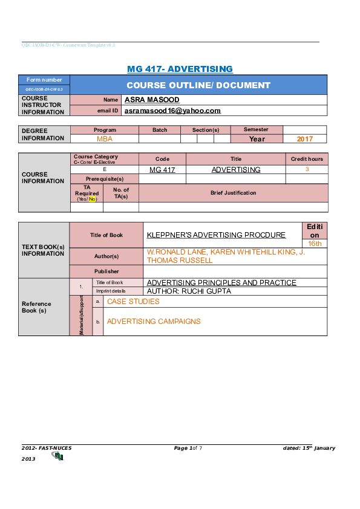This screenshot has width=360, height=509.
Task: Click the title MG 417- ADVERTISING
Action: pos(180,69)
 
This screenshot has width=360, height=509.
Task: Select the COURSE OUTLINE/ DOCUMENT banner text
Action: pos(198,85)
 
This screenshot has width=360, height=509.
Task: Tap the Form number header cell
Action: pos(44,80)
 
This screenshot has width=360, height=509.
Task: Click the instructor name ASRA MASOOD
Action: pos(151,99)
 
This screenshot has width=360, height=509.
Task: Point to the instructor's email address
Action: pos(172,111)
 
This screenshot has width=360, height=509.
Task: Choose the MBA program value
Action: pos(105,138)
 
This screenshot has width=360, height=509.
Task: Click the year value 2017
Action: pos(305,138)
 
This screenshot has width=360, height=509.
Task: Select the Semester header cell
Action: pos(256,129)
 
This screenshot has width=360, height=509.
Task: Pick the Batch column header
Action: pos(160,130)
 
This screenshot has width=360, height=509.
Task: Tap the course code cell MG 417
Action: pos(162,170)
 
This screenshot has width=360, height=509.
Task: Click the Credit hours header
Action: pos(307,159)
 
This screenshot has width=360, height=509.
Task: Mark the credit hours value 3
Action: pos(307,169)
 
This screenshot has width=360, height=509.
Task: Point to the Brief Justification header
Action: pos(233,193)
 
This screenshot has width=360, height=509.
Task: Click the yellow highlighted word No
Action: pos(93,199)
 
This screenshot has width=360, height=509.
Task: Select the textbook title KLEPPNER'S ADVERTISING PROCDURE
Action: pos(216,235)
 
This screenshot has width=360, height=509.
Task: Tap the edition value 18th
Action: pos(315,243)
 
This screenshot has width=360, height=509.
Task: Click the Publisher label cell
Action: pos(106,271)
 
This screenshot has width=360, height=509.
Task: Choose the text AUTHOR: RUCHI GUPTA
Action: pos(189,291)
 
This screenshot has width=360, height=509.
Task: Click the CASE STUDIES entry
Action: pos(133,301)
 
